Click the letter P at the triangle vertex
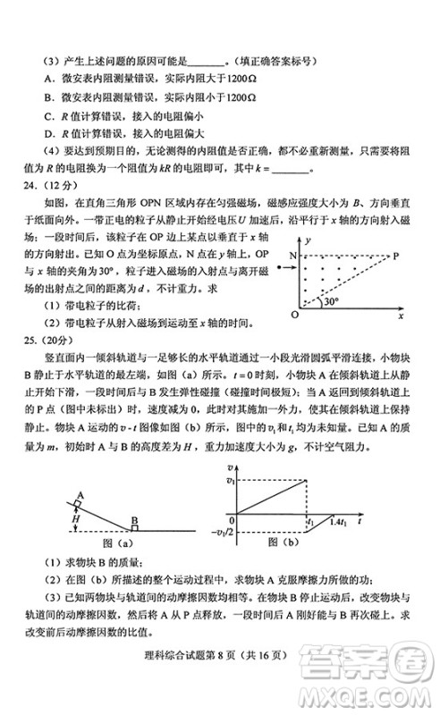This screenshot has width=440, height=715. click(x=397, y=256)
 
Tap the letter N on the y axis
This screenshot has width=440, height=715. click(x=292, y=257)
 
